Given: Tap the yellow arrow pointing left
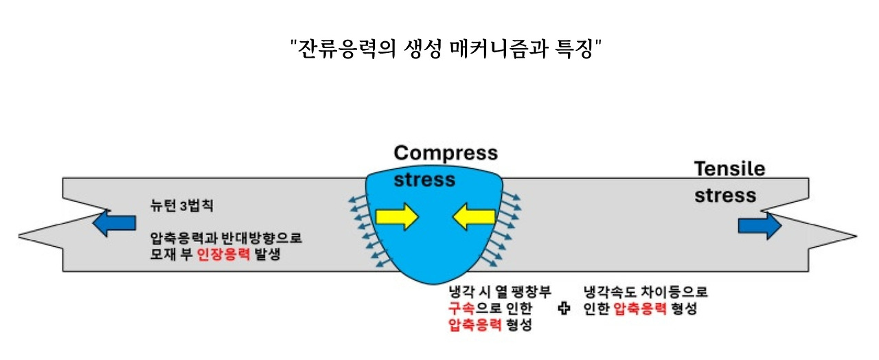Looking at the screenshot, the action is point(473,217).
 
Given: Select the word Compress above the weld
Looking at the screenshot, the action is point(446,152).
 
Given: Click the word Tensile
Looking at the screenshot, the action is point(729,169).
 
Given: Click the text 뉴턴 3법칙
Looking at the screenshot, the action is point(179,205).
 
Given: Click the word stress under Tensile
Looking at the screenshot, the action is point(725,195).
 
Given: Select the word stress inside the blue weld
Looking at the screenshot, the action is point(424,180).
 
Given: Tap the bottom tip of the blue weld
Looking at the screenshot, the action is point(426,284).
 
